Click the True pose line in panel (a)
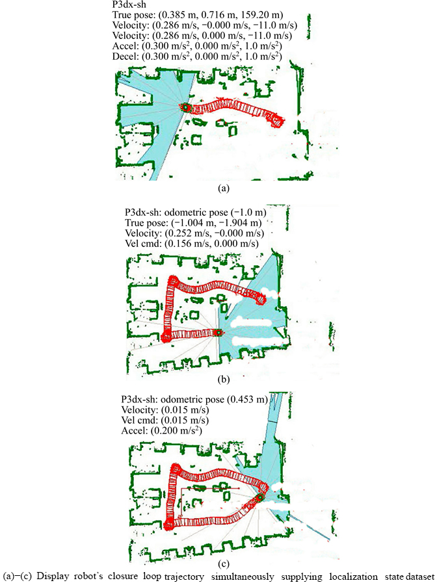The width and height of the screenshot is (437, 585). tap(198, 16)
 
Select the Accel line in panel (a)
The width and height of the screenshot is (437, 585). tap(197, 46)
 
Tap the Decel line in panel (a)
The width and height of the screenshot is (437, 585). tap(197, 57)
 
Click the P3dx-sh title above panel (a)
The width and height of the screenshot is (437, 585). tap(129, 5)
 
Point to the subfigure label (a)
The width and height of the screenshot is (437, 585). tap(223, 188)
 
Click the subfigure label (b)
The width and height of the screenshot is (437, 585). tap(223, 380)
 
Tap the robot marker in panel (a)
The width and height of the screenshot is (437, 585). tap(185, 107)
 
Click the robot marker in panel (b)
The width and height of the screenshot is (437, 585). tap(218, 332)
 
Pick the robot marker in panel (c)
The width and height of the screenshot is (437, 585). tap(260, 497)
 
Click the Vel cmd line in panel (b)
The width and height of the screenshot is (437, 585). tap(192, 244)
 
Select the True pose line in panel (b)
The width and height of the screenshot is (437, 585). tap(193, 223)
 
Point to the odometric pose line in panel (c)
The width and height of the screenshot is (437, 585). tap(194, 400)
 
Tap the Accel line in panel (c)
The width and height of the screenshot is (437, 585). tap(161, 430)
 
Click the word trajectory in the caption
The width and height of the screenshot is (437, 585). tap(183, 577)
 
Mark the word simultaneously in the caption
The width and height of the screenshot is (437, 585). tap(243, 577)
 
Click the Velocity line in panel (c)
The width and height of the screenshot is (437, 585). tap(165, 410)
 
